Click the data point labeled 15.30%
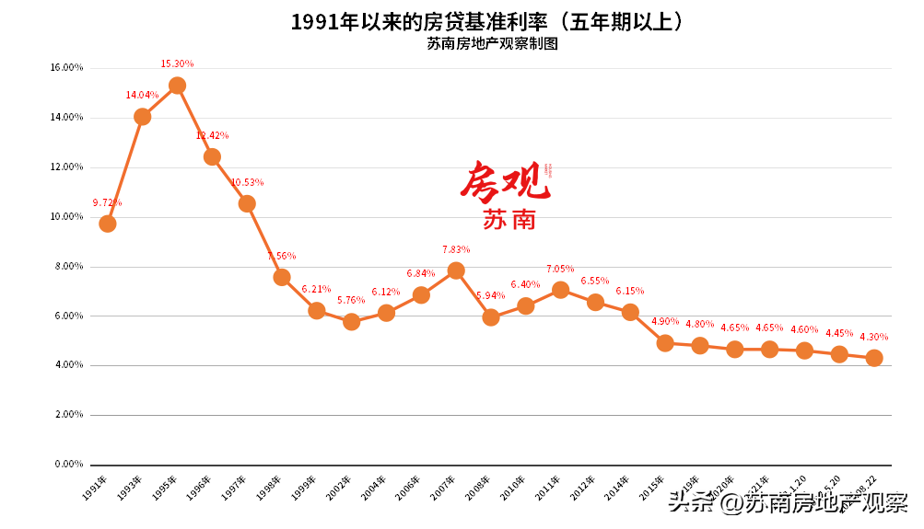coord(177,86)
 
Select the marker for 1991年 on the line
coord(108,224)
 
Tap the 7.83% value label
coord(457,249)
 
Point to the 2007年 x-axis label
coord(444,488)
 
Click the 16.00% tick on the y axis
coord(66,68)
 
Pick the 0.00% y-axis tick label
coord(69,464)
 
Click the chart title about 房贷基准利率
coord(489,22)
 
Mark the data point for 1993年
coord(143,117)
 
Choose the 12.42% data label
coord(212,135)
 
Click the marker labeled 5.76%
coord(351,322)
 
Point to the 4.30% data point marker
coord(874,358)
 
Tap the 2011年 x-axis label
coord(549,488)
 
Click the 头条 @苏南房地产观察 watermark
coord(788,503)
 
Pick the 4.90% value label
coord(665,322)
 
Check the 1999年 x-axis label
coord(305,488)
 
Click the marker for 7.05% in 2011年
coord(560,290)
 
